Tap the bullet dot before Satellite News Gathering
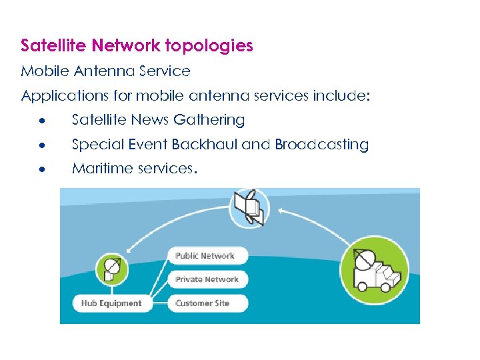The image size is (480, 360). [x=41, y=121]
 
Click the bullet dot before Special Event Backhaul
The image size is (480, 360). [x=41, y=145]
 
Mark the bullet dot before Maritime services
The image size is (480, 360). [x=41, y=169]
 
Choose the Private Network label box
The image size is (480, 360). [x=207, y=279]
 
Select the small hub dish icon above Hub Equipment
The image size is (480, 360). [x=111, y=270]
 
